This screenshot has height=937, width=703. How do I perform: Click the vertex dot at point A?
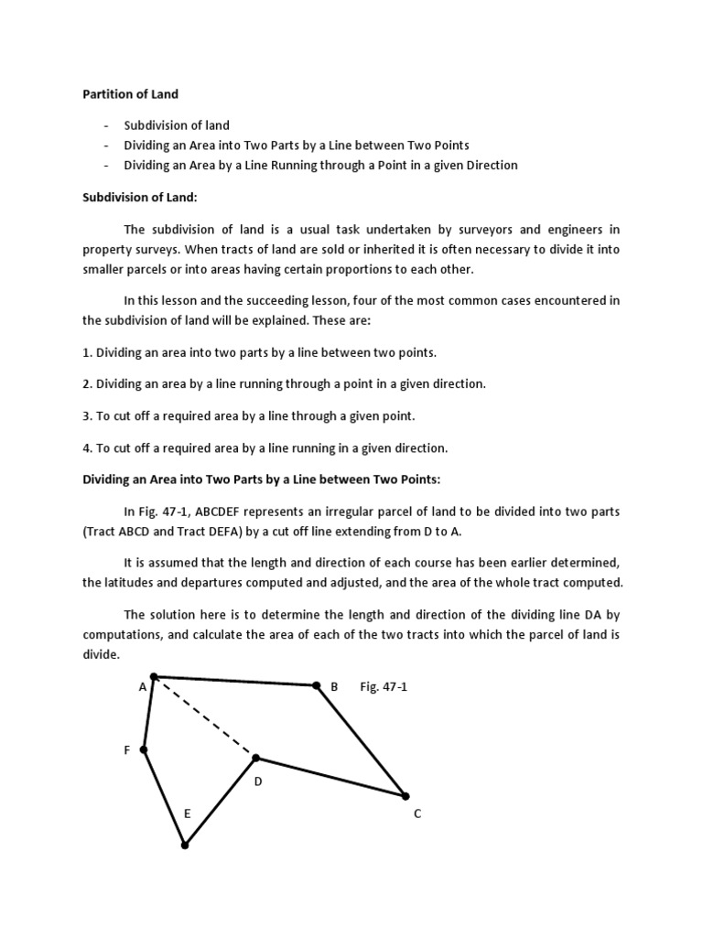click(154, 677)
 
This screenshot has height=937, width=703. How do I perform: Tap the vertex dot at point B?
click(317, 685)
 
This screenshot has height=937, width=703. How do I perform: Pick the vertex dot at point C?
click(406, 796)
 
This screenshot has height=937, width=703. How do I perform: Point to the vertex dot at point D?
click(256, 758)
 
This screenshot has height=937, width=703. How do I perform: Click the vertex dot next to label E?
click(185, 845)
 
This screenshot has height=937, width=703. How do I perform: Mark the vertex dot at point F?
click(144, 749)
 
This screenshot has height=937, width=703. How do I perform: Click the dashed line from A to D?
click(205, 717)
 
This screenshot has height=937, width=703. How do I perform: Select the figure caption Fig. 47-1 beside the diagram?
click(384, 686)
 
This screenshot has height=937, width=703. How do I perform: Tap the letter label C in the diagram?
click(417, 813)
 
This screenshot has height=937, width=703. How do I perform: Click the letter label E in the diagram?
click(187, 813)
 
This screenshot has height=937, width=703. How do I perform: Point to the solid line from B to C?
click(362, 741)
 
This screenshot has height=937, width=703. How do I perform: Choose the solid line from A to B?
click(235, 681)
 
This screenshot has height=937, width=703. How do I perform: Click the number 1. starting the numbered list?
click(88, 352)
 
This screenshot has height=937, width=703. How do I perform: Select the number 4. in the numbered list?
click(88, 447)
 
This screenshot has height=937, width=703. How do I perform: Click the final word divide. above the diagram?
click(101, 655)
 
